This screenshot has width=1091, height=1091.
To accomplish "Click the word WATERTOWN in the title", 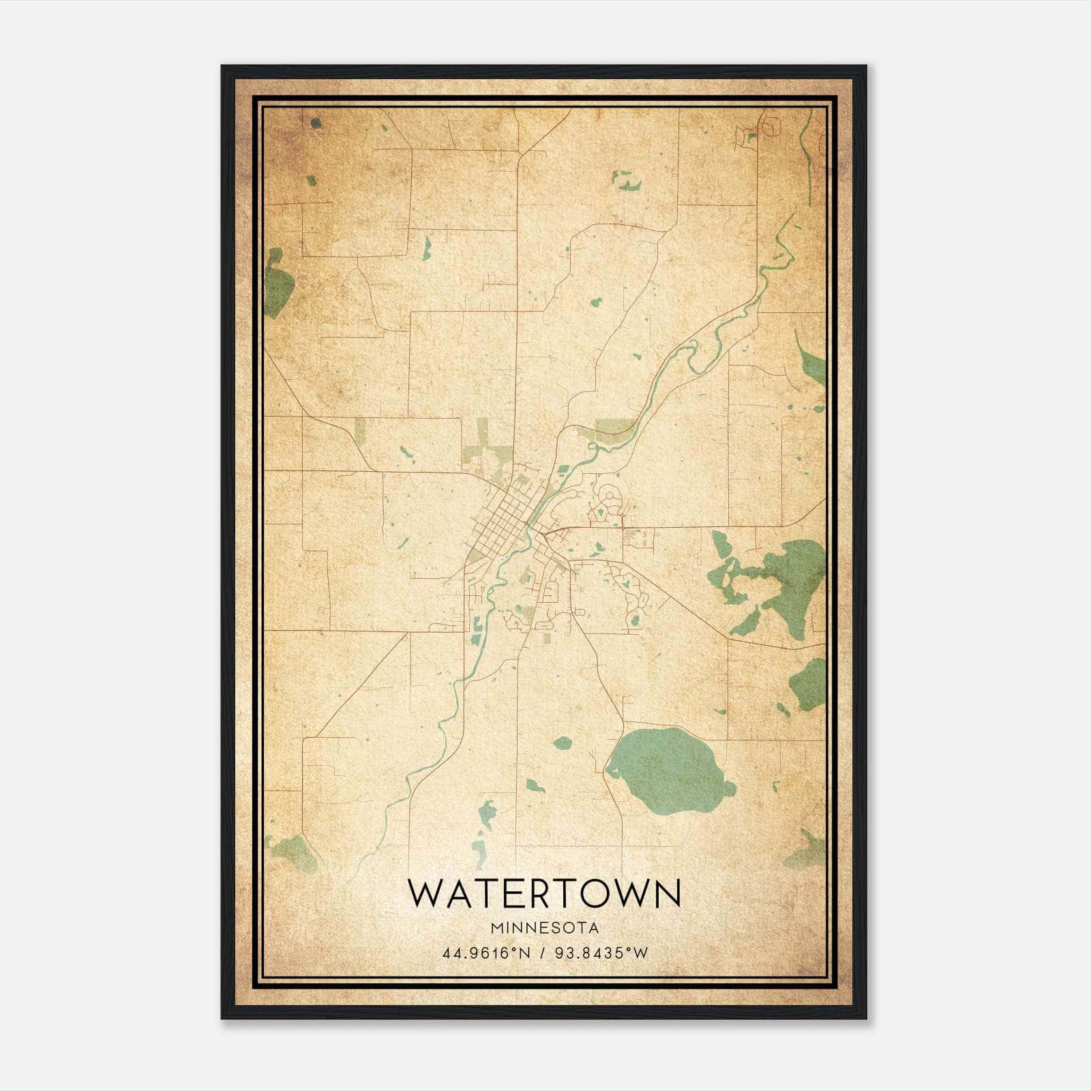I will click(544, 893).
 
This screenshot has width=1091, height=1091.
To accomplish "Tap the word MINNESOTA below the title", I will click(544, 928).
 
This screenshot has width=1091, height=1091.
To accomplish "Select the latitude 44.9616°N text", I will click(486, 953).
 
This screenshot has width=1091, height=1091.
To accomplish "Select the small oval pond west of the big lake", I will click(562, 743).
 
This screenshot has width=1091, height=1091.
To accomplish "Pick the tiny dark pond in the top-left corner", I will click(315, 123).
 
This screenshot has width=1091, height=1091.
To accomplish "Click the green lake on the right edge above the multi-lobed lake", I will click(811, 368).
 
